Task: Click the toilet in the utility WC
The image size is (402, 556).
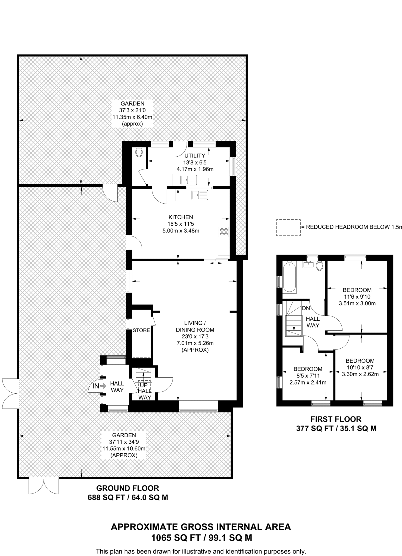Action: point(139,152)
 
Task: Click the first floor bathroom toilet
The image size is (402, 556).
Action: point(319,266)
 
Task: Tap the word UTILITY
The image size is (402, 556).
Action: point(195,156)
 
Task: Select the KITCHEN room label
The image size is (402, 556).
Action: point(181,217)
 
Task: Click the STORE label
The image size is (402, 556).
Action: point(141,330)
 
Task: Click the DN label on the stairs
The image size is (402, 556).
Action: point(306,308)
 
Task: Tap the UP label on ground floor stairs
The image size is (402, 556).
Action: point(144,385)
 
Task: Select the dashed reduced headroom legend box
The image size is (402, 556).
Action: point(288,228)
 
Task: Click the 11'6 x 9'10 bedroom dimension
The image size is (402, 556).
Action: point(357,297)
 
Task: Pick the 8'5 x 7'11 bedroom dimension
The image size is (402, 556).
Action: point(308,376)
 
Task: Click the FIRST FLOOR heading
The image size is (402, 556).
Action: point(336,419)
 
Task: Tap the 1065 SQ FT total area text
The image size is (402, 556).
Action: point(175,538)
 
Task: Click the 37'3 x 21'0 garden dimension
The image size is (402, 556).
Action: point(132,110)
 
